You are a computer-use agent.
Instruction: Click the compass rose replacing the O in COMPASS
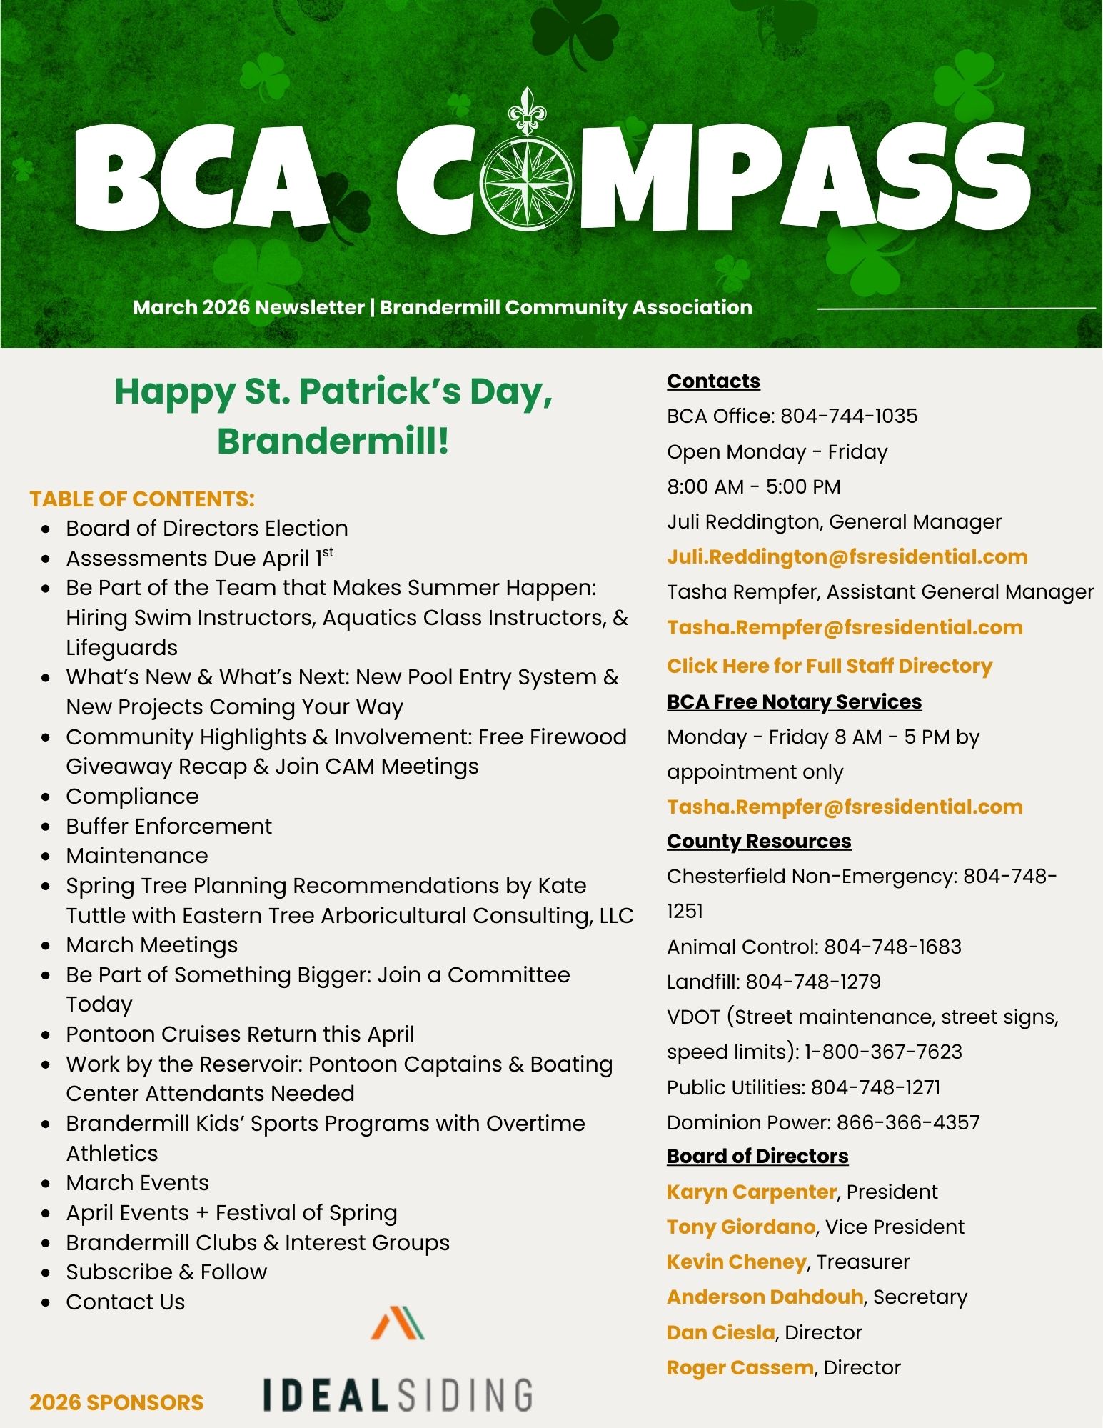(527, 181)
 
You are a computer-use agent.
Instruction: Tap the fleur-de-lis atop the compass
(527, 111)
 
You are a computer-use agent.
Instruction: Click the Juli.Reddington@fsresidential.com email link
(847, 557)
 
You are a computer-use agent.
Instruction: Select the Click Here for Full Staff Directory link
(829, 666)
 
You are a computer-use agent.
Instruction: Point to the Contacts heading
(713, 381)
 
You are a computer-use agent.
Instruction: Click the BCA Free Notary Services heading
(794, 701)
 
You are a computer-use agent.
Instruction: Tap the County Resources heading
(758, 841)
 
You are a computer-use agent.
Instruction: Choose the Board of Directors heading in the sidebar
(757, 1156)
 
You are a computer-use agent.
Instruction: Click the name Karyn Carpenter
(751, 1192)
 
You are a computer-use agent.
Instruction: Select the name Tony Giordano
(740, 1227)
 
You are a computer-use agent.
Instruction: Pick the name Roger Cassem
(740, 1367)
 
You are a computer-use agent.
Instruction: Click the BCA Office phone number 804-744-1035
(848, 416)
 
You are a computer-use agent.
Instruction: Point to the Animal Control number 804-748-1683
(892, 947)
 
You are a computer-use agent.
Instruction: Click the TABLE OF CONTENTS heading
(142, 499)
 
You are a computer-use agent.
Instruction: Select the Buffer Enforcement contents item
(168, 826)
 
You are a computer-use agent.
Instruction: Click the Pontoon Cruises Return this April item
(240, 1034)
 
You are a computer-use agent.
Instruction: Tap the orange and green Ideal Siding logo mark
(398, 1322)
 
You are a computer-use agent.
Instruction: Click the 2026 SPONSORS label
(116, 1402)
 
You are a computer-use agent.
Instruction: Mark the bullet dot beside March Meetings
(46, 946)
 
